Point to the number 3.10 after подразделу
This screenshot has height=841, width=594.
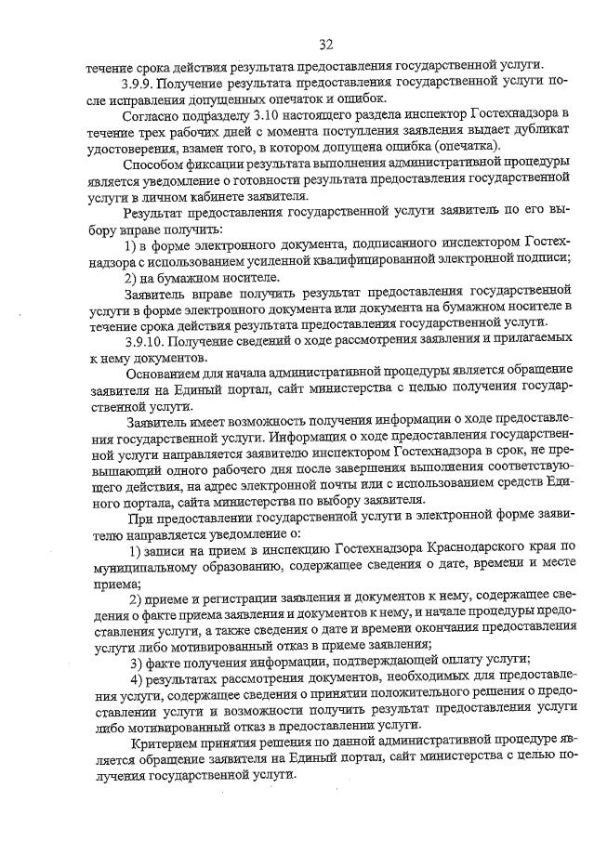click(257, 115)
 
